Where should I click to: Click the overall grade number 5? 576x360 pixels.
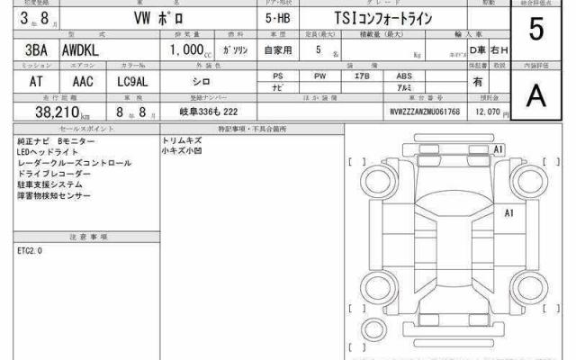536,31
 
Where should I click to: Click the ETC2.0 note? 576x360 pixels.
30,249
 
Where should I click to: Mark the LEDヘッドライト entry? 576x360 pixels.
43,153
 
